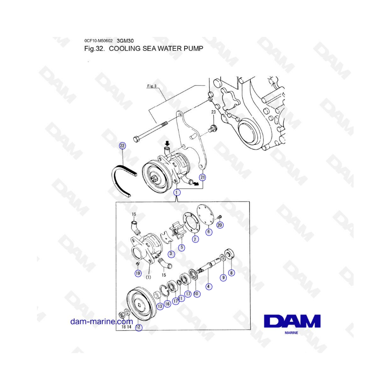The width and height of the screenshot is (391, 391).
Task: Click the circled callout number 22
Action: point(122,146)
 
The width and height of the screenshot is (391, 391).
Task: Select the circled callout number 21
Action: point(202,177)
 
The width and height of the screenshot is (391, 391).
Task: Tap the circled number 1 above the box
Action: point(177,192)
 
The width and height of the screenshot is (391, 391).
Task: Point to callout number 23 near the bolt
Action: point(213,112)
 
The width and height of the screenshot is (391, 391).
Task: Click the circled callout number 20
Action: point(220,225)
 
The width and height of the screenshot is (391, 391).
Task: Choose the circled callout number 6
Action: point(209,232)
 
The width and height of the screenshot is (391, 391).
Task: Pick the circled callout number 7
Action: point(195,239)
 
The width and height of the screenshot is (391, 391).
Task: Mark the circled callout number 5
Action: point(182,247)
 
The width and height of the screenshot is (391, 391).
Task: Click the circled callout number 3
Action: point(171,254)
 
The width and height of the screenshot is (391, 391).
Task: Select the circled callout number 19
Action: point(138,273)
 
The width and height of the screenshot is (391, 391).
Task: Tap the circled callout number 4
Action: point(209,287)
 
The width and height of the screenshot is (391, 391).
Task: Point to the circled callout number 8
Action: point(232,273)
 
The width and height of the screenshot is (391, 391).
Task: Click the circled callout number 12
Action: point(139,327)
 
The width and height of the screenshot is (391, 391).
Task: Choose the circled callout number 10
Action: point(196,294)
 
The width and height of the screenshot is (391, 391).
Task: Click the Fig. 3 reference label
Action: point(152,86)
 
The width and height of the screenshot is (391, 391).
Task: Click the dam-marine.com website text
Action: point(102,321)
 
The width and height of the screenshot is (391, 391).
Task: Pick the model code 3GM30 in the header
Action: point(125,41)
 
